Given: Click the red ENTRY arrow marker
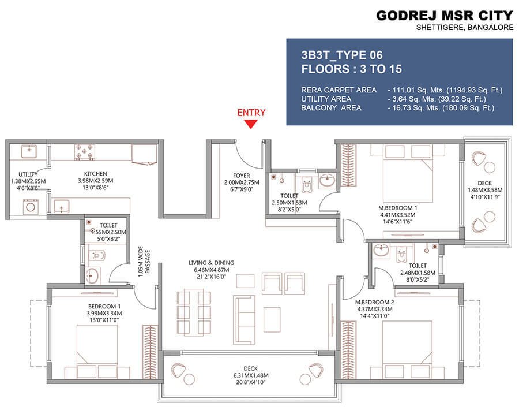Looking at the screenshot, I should [x=251, y=124].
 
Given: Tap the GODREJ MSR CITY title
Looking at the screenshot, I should [x=444, y=15].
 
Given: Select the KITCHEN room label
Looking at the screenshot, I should [x=96, y=173].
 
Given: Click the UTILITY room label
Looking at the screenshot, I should [x=28, y=174].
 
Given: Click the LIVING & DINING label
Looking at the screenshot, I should [x=211, y=263].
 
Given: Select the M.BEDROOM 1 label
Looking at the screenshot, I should [x=398, y=207].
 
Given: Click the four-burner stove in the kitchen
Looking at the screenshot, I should [x=84, y=152].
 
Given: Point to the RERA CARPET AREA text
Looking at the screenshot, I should [x=339, y=90].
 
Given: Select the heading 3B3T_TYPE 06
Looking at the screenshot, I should [x=342, y=55].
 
